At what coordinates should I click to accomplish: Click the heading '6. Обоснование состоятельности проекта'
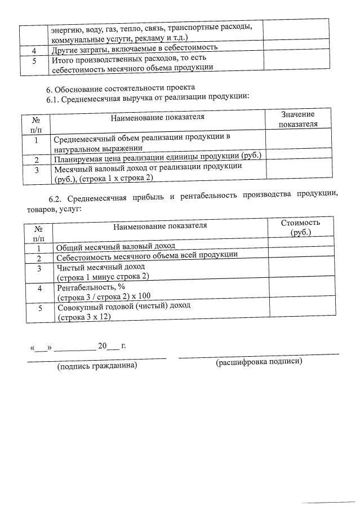(x=120, y=88)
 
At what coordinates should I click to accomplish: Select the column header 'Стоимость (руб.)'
(x=301, y=228)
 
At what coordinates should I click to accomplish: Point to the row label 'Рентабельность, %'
(x=91, y=287)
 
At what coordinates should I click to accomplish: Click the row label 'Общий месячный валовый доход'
(x=115, y=246)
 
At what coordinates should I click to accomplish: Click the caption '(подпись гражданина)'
(x=97, y=366)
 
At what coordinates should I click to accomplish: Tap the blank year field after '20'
(x=113, y=347)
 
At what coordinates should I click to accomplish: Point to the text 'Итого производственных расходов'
(x=113, y=59)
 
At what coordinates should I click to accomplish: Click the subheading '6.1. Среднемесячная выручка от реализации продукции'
(x=148, y=97)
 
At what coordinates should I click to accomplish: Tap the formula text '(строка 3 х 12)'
(x=84, y=317)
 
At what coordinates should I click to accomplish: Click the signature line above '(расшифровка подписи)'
(x=259, y=354)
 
